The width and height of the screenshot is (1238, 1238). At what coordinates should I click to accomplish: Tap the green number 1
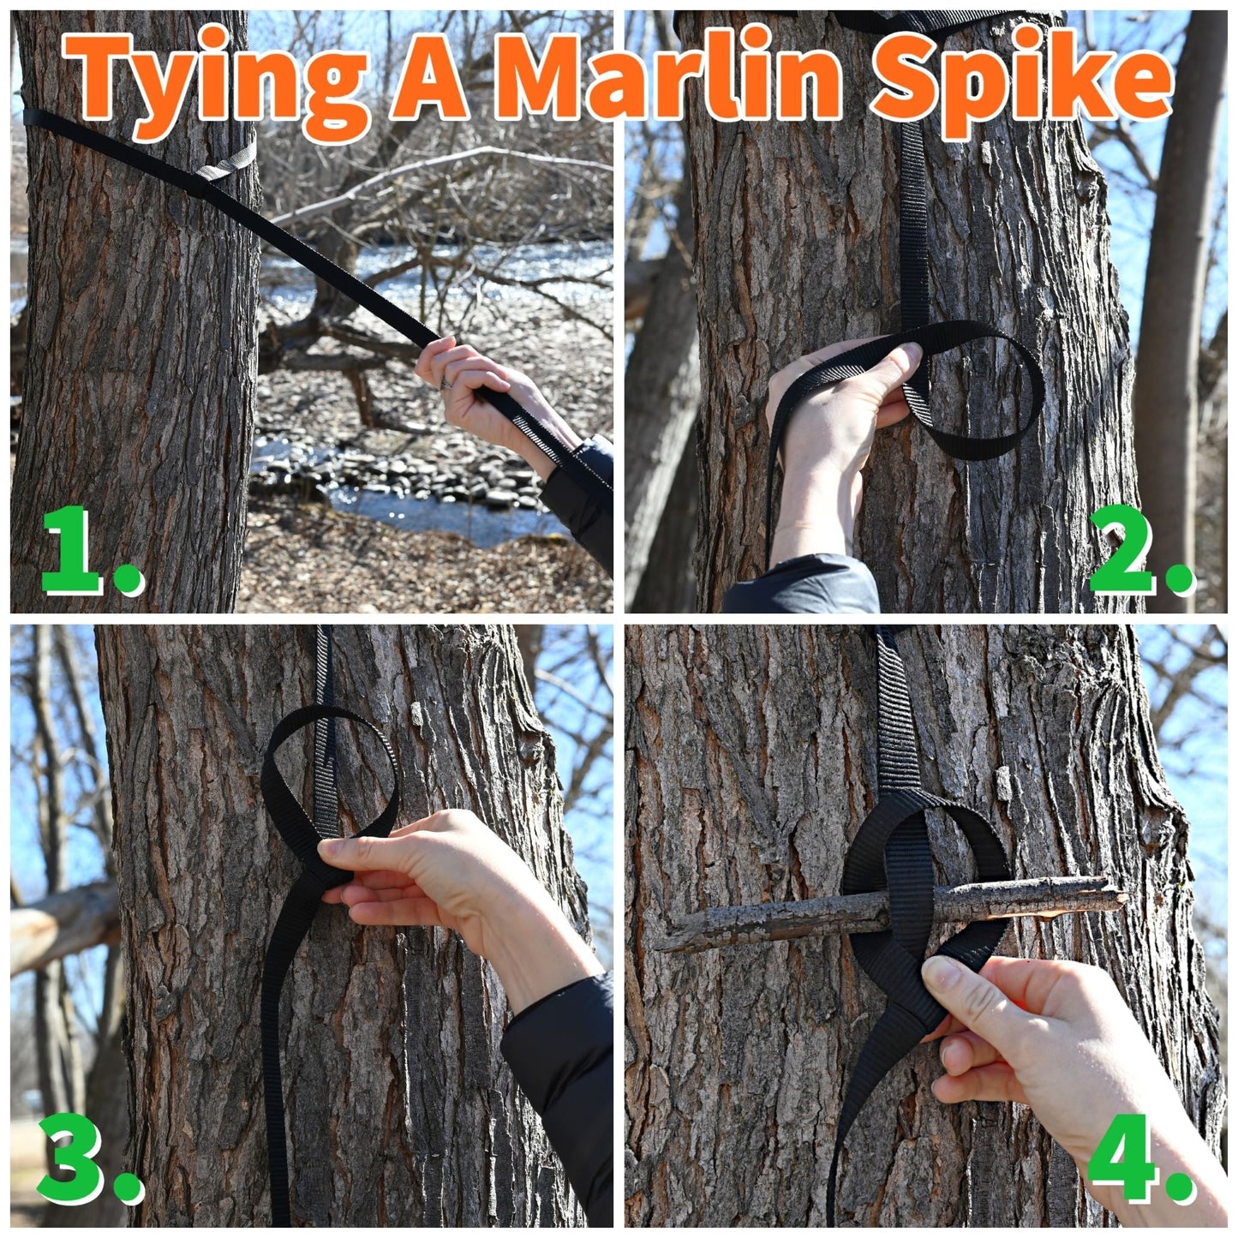coord(81,553)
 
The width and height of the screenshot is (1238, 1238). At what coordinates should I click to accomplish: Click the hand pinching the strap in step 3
coord(428,874)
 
